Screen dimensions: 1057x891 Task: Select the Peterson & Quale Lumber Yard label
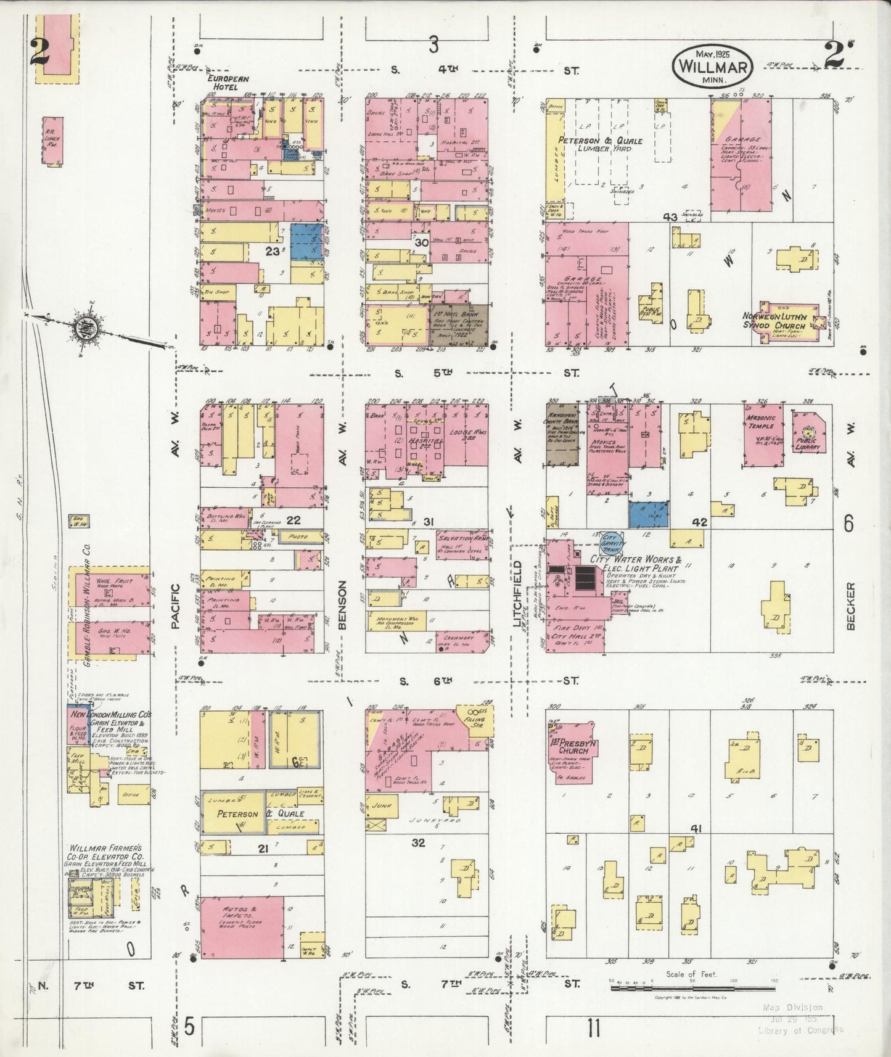(601, 144)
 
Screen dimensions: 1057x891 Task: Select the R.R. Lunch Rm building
(52, 141)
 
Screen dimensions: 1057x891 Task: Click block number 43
(670, 217)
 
